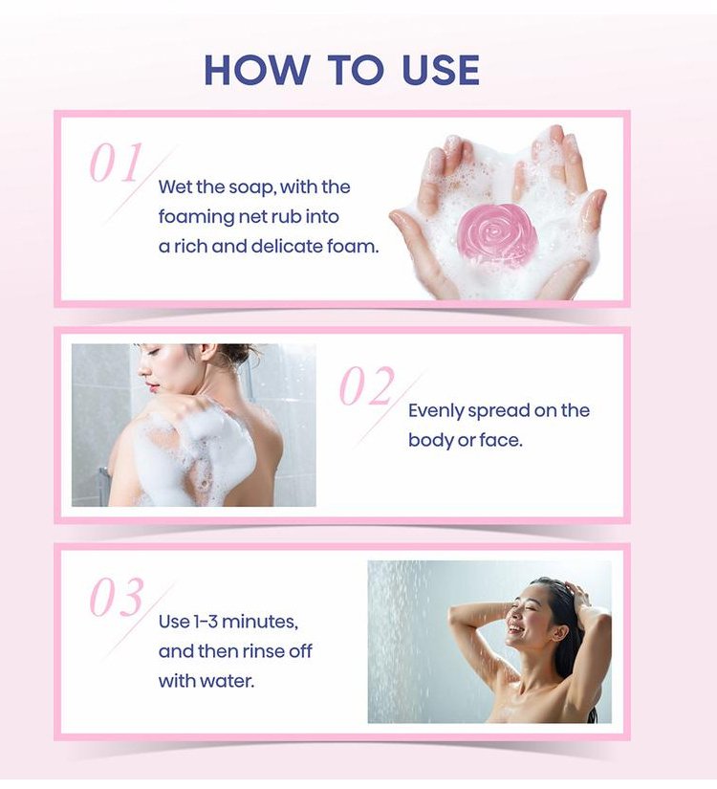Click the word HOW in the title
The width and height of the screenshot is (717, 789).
(x=257, y=69)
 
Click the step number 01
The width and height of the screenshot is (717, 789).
(x=116, y=162)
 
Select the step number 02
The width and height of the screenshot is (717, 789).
(x=367, y=385)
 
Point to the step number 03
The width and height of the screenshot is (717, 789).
(x=117, y=598)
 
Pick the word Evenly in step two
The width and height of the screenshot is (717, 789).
(x=436, y=411)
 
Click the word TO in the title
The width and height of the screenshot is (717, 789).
(x=356, y=69)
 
